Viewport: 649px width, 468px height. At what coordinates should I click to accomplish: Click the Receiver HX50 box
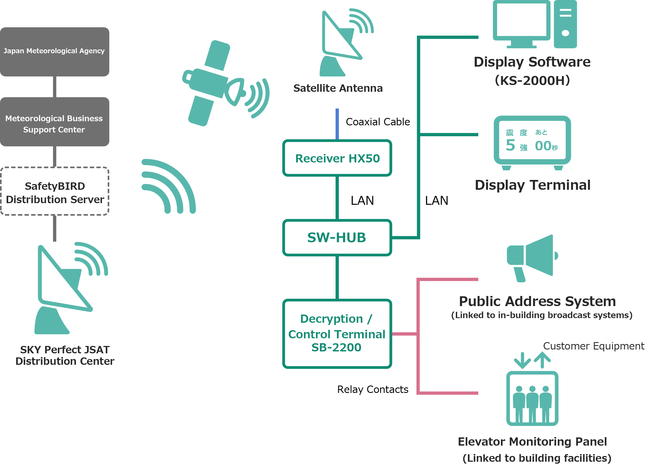click(x=337, y=158)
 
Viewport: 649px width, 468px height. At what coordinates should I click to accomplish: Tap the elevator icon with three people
click(x=533, y=399)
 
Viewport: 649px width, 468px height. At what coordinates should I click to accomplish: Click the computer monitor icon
click(x=521, y=23)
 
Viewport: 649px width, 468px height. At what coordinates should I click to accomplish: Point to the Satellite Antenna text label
click(x=338, y=88)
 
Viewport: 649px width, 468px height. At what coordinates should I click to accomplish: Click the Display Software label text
click(x=532, y=62)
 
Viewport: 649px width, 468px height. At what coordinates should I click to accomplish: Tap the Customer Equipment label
click(x=594, y=346)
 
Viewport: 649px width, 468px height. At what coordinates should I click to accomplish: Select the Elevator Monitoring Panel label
click(x=532, y=442)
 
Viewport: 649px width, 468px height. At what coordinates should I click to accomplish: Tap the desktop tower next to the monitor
click(x=565, y=24)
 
